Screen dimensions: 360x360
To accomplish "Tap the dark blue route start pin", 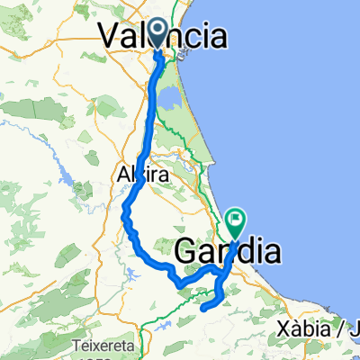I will tap(159, 33).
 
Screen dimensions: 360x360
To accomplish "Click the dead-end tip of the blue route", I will tap(201, 309).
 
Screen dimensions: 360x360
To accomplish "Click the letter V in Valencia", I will tap(108, 36).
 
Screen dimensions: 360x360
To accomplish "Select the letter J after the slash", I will tap(353, 328).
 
